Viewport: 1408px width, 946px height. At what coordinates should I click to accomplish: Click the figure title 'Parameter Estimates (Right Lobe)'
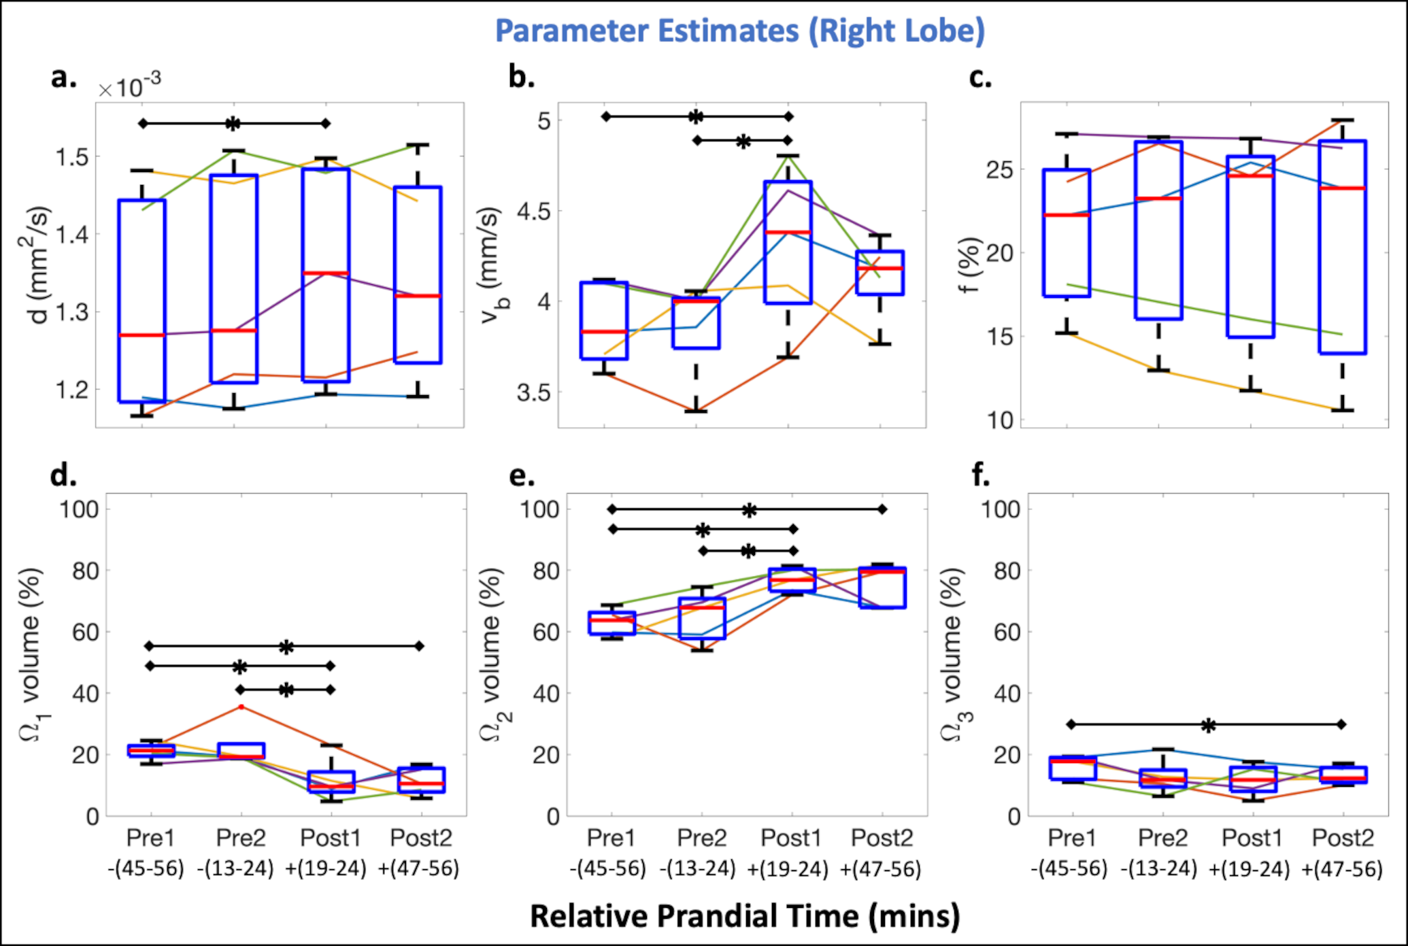(740, 31)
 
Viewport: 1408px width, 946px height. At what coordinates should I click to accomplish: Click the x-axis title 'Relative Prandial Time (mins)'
(745, 916)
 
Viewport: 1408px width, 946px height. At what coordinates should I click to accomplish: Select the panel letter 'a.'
(64, 78)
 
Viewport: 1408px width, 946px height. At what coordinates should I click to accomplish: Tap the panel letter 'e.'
(522, 475)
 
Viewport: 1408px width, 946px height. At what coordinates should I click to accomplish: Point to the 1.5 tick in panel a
(72, 157)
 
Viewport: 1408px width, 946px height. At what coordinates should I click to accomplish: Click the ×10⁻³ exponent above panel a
(130, 86)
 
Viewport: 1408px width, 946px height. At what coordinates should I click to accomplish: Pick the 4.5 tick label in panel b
(534, 212)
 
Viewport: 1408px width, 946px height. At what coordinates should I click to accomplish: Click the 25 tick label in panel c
(999, 170)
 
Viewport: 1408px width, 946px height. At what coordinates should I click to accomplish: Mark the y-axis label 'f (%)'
(969, 265)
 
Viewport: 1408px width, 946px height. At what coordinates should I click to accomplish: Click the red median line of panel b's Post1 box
(788, 233)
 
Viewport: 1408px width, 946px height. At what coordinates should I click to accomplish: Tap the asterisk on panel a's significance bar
(233, 124)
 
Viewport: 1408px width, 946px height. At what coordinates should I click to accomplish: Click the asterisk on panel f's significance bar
(1208, 726)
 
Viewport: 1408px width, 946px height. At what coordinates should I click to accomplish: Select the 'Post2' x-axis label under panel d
(421, 838)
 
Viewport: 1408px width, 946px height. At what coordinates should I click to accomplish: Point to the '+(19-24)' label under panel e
(788, 868)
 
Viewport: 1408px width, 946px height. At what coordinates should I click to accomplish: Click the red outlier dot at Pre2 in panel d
(241, 707)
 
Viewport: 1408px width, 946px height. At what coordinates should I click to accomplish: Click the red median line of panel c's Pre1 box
(1067, 215)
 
